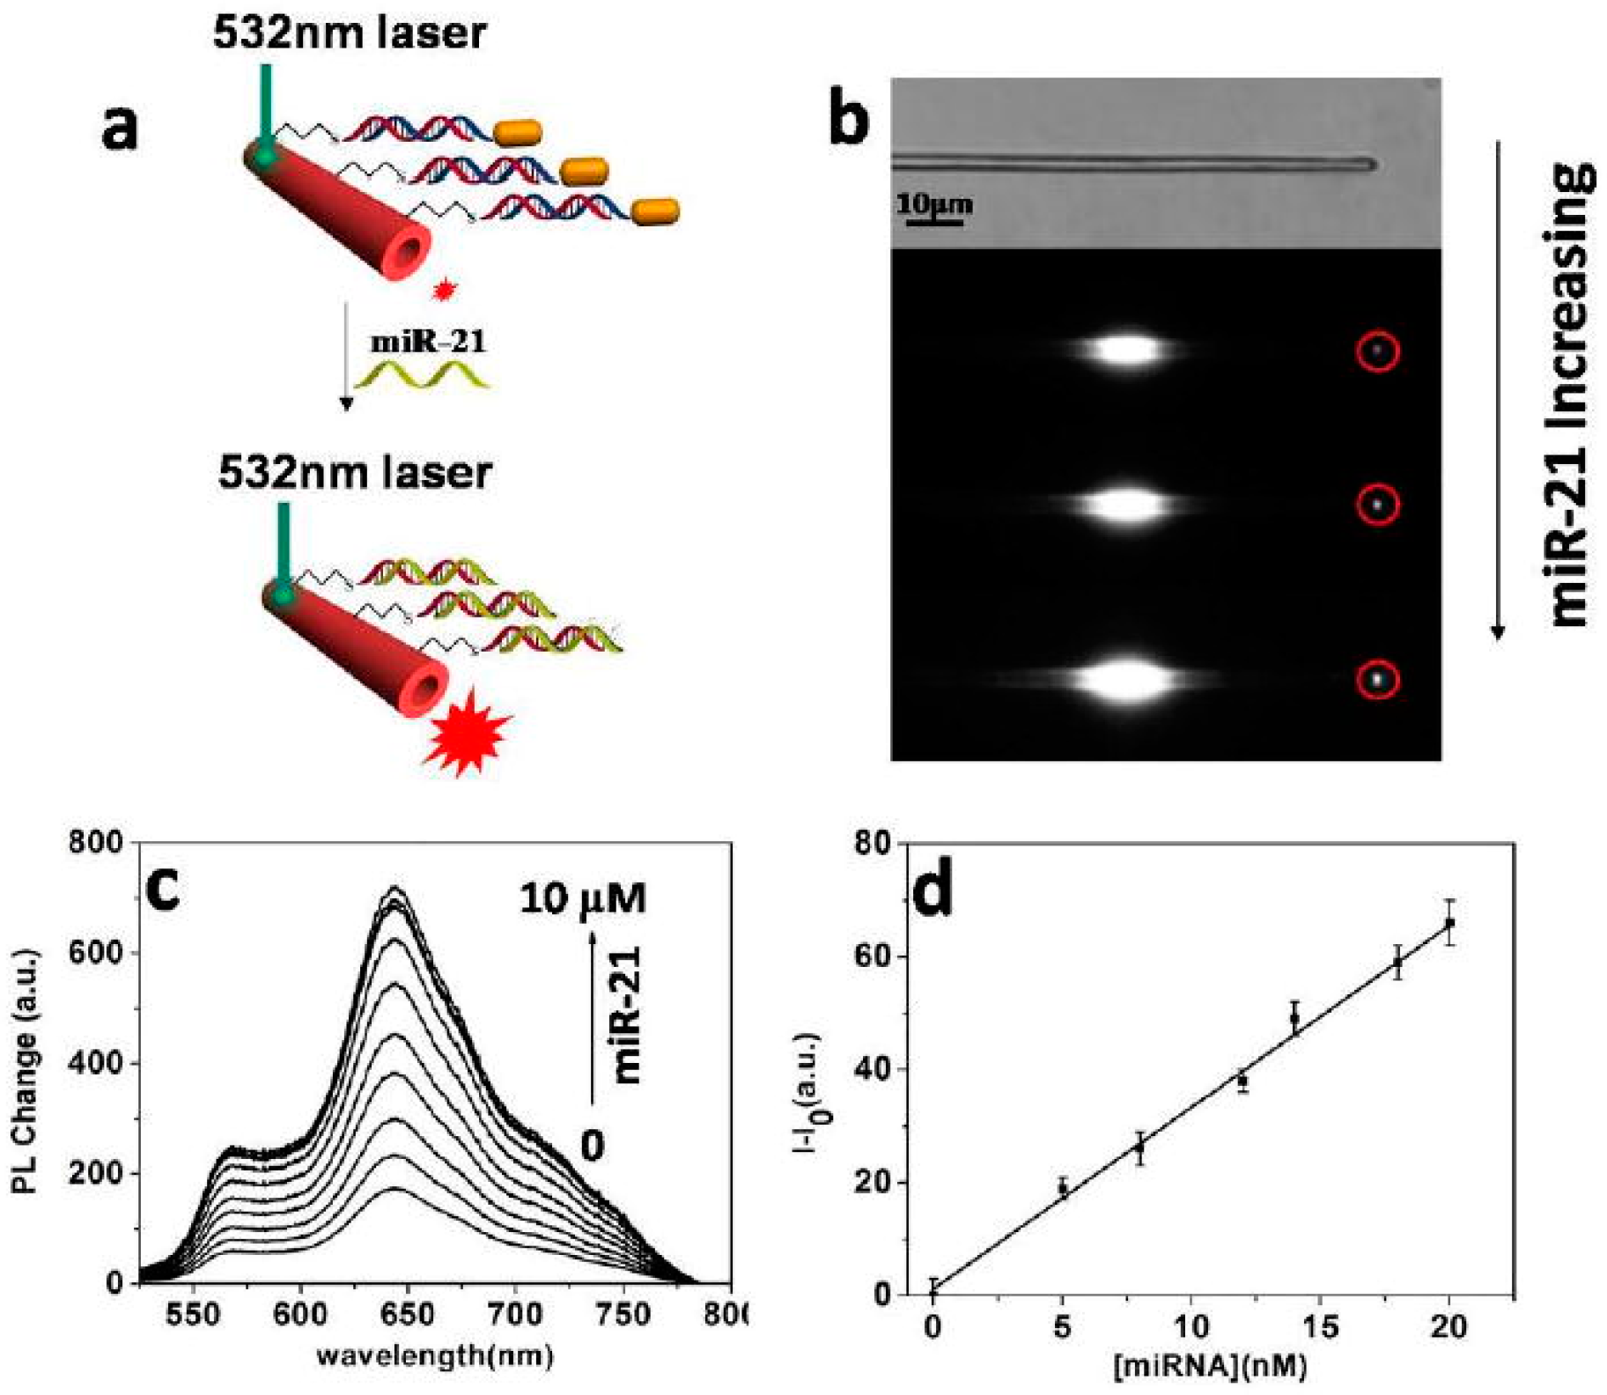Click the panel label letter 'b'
[848, 119]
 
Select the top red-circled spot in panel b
[1378, 351]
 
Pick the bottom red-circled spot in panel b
[1377, 680]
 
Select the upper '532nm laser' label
[349, 33]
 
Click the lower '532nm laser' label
[355, 473]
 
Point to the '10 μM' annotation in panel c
[582, 899]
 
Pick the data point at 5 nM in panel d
[1063, 1189]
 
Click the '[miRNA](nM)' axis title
[1210, 1366]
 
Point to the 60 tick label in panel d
[874, 957]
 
